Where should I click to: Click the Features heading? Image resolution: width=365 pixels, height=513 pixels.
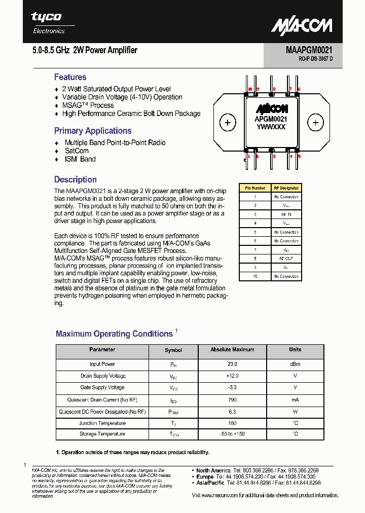pos(70,77)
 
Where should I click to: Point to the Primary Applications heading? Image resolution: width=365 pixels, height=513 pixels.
pos(93,131)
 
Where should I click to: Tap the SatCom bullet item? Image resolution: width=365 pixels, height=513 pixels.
pos(77,151)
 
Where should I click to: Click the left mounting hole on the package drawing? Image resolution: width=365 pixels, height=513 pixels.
pos(228,123)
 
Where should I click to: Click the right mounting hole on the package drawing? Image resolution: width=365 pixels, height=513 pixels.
pos(315,123)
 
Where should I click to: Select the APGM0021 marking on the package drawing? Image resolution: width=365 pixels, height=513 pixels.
pos(271,119)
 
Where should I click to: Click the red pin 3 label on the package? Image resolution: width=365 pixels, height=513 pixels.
pos(274,157)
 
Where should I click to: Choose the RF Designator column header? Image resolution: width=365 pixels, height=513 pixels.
pos(286,188)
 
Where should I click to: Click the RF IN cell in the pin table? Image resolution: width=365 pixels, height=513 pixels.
pos(286,214)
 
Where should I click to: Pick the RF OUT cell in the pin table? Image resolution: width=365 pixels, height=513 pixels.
pos(286,259)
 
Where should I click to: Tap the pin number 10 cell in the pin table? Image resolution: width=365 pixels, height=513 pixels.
pos(255,276)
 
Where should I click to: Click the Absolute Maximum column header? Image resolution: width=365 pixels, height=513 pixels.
pos(232,350)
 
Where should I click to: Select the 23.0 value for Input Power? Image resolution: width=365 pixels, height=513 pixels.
pos(232,364)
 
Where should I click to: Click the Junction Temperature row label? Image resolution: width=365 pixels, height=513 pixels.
pos(102,423)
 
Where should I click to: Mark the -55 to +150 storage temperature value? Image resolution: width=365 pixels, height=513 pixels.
pos(232,434)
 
